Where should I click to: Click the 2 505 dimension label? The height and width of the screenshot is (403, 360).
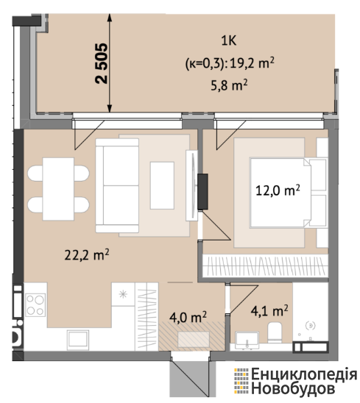[101, 63]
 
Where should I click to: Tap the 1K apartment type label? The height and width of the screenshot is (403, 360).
[229, 40]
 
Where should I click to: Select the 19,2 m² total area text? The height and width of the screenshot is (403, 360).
[252, 63]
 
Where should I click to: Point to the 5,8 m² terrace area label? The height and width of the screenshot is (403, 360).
[229, 85]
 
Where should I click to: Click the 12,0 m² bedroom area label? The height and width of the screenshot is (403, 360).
[278, 190]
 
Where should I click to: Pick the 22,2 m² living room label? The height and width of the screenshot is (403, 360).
[87, 255]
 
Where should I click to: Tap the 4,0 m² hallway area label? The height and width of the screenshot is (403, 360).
[188, 317]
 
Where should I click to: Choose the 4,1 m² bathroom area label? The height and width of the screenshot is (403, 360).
[269, 310]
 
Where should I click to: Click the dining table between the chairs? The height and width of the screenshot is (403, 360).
[58, 189]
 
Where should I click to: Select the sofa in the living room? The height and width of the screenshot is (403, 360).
[117, 185]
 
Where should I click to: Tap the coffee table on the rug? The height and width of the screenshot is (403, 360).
[162, 185]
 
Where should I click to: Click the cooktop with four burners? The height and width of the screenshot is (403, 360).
[35, 305]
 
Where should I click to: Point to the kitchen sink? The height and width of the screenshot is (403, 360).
[78, 340]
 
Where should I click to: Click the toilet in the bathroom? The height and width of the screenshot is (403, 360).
[275, 332]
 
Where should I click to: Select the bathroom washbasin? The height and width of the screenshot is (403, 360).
[247, 340]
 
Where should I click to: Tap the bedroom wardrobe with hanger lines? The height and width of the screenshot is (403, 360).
[265, 266]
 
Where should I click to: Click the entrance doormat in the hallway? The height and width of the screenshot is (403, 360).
[194, 340]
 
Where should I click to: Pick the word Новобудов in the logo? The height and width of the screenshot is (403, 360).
[293, 388]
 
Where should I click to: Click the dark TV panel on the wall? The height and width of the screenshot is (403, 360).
[202, 192]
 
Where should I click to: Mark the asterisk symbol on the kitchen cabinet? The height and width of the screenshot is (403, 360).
[123, 294]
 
